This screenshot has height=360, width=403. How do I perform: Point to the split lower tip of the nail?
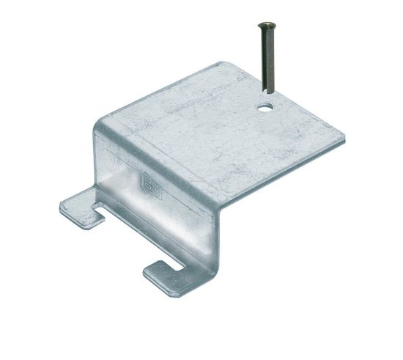coord(268,92)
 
